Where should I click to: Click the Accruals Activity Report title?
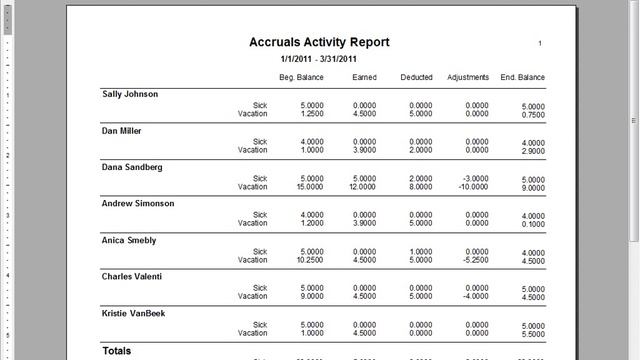pyautogui.click(x=319, y=42)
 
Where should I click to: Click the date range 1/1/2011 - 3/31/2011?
pyautogui.click(x=319, y=60)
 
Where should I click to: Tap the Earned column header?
pyautogui.click(x=364, y=77)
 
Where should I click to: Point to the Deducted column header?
pyautogui.click(x=416, y=77)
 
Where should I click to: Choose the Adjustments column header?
pyautogui.click(x=468, y=77)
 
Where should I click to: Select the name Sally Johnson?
pyautogui.click(x=130, y=94)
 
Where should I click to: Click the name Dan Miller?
pyautogui.click(x=122, y=131)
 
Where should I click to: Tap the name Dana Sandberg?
pyautogui.click(x=132, y=167)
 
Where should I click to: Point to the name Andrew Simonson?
pyautogui.click(x=138, y=203)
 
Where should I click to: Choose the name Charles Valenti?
pyautogui.click(x=134, y=276)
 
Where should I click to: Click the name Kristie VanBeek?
pyautogui.click(x=135, y=313)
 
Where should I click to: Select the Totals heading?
pyautogui.click(x=117, y=351)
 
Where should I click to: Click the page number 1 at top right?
pyautogui.click(x=540, y=44)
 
